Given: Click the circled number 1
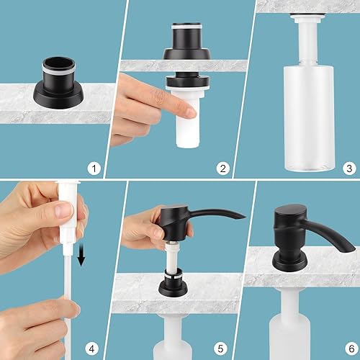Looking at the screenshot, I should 94,169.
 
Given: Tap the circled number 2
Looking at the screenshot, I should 223,169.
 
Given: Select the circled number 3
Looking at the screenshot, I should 349,169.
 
